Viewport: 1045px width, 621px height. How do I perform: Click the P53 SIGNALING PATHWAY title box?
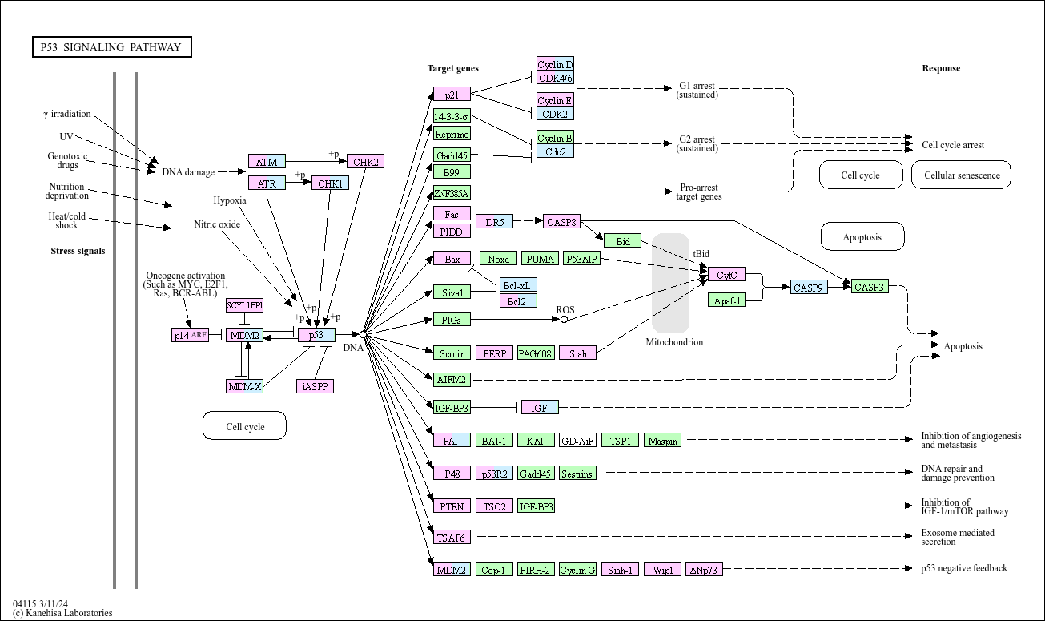click(x=111, y=47)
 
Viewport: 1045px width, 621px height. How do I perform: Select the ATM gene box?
click(x=267, y=162)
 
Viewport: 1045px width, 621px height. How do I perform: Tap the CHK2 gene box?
click(x=365, y=162)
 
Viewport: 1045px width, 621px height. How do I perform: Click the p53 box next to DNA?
click(x=316, y=335)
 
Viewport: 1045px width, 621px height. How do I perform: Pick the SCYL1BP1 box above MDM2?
click(x=244, y=305)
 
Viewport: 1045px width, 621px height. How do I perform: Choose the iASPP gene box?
click(x=315, y=386)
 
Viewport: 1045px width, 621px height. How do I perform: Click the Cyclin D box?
click(x=555, y=65)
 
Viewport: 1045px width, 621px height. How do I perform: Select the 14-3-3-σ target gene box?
click(x=452, y=116)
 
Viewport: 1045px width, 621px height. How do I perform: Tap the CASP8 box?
click(x=561, y=222)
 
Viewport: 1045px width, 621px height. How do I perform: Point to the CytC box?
click(x=726, y=275)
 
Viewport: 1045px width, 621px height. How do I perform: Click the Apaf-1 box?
click(x=726, y=300)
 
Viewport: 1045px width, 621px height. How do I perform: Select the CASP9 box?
click(x=809, y=288)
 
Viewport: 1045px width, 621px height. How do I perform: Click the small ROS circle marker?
click(x=564, y=319)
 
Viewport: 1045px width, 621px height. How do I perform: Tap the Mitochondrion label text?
click(x=674, y=342)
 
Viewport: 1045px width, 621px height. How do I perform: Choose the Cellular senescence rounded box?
click(x=961, y=175)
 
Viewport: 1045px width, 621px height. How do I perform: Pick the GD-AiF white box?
click(x=577, y=441)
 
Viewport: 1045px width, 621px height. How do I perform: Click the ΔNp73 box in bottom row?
click(x=705, y=570)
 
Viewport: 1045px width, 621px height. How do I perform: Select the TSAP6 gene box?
click(x=452, y=538)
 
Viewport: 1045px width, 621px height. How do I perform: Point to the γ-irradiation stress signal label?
click(x=67, y=114)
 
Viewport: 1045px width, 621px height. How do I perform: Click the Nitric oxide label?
click(x=217, y=224)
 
